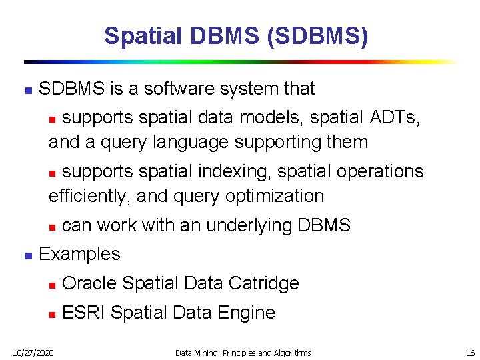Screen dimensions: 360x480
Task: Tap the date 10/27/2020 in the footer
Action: coord(33,353)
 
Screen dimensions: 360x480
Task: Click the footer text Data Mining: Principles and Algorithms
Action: coord(243,353)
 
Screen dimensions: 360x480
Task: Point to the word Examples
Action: coord(79,254)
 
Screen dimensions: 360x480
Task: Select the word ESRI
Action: coord(83,313)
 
